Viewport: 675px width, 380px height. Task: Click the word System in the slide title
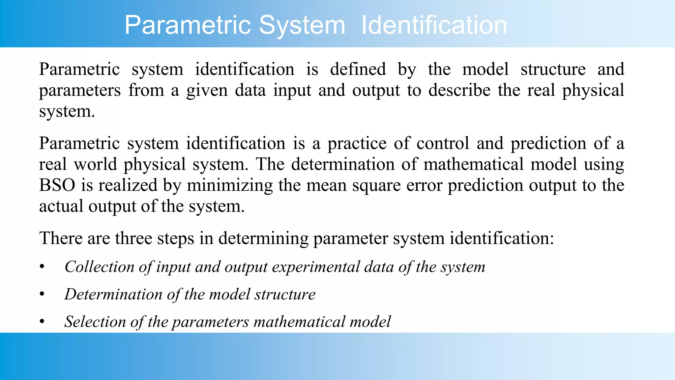point(302,25)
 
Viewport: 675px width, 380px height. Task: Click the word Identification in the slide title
point(434,25)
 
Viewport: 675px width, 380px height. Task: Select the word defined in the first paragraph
point(358,69)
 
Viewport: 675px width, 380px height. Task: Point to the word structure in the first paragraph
point(553,69)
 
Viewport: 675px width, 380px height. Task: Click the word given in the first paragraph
point(207,90)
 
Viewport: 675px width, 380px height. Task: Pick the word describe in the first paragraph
point(459,90)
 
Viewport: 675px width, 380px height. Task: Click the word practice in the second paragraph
point(357,143)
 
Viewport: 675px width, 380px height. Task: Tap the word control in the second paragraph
point(443,143)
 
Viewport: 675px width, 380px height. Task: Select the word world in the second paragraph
point(95,164)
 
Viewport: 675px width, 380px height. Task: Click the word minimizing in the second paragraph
point(230,185)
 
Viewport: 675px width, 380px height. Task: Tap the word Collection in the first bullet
point(99,267)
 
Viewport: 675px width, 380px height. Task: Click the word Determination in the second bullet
point(113,294)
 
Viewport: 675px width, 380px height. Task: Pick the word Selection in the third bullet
point(95,322)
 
